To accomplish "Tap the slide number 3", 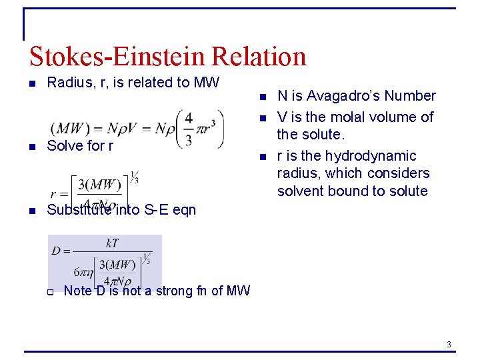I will click(449, 344).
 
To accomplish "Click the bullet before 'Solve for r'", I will click(32, 146).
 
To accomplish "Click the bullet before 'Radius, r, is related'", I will click(32, 83).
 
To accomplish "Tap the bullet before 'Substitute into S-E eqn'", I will click(32, 211).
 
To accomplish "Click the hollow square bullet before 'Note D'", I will click(49, 291).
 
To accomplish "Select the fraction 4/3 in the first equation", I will click(189, 128).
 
